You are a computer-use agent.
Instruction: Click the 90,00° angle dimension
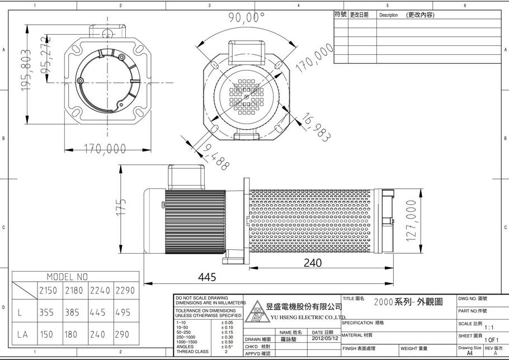pyautogui.click(x=246, y=17)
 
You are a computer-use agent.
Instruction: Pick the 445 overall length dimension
pyautogui.click(x=207, y=277)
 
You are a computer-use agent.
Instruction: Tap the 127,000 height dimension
pyautogui.click(x=412, y=221)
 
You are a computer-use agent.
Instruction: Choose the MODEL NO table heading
pyautogui.click(x=67, y=277)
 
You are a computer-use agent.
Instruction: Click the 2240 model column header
pyautogui.click(x=100, y=291)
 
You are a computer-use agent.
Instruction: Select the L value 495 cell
pyautogui.click(x=125, y=312)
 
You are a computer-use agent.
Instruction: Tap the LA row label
pyautogui.click(x=22, y=334)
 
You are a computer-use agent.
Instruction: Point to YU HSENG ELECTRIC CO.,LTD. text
pyautogui.click(x=308, y=316)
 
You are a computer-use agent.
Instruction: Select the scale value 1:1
pyautogui.click(x=489, y=328)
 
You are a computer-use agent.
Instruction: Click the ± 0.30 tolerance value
pyautogui.click(x=227, y=337)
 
